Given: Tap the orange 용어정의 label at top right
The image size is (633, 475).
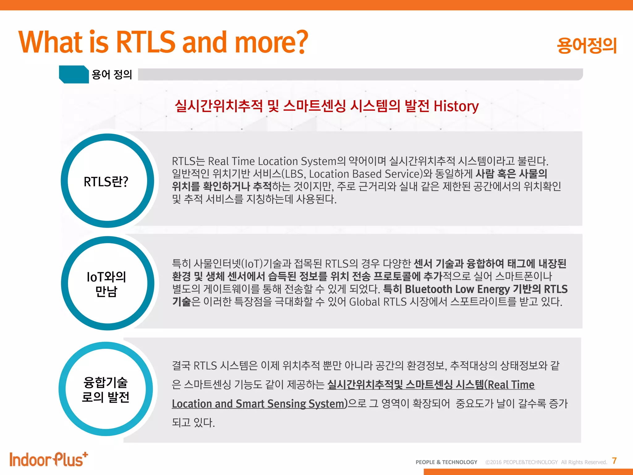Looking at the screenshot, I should coord(586,45).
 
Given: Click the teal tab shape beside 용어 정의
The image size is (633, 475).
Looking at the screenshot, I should coord(74,74).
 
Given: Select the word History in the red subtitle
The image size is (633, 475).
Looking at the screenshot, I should coord(456,106).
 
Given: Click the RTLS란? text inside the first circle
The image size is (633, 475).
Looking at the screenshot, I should coord(106,182).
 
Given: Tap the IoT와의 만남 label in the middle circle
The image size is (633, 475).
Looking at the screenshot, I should coord(106,284).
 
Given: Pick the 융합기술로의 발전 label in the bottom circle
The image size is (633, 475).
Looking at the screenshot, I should coord(106,390).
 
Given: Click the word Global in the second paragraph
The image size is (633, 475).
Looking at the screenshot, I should coord(364,302).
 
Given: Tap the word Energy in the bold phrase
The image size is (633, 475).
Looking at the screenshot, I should coord(493,289).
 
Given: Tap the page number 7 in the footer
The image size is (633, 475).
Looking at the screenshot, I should coord(614,461).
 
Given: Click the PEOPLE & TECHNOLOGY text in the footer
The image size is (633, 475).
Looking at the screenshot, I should coord(446,462).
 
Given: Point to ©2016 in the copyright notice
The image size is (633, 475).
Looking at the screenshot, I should coord(493,462).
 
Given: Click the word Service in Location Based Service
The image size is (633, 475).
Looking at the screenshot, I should coord(403,174).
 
